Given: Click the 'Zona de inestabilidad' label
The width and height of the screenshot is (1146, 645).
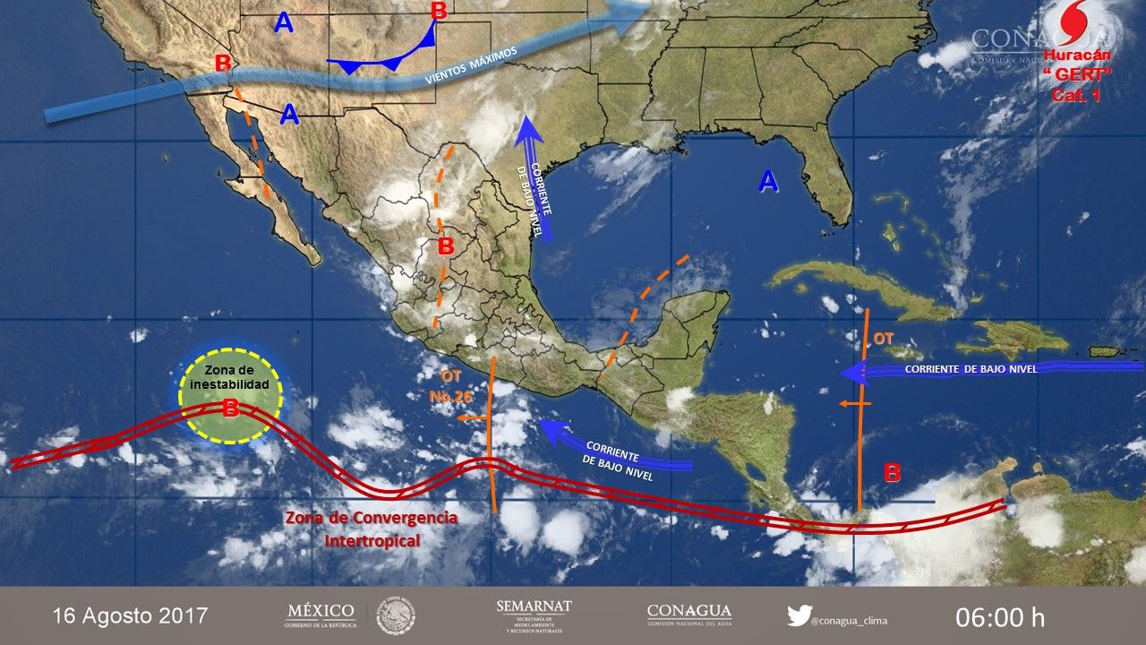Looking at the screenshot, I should pyautogui.click(x=230, y=378).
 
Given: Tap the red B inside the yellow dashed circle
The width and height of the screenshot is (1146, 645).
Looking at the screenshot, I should pyautogui.click(x=230, y=408).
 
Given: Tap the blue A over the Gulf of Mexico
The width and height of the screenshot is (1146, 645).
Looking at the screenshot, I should pyautogui.click(x=768, y=182).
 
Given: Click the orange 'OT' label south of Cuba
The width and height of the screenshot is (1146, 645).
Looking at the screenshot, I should pyautogui.click(x=884, y=339).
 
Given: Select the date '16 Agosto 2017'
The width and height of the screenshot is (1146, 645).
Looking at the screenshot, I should pyautogui.click(x=130, y=615).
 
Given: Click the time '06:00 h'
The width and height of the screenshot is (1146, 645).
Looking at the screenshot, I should pyautogui.click(x=1000, y=616).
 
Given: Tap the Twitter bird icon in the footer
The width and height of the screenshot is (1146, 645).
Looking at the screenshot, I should pyautogui.click(x=799, y=615).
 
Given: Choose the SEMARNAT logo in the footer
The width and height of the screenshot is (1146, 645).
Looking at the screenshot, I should pyautogui.click(x=534, y=615).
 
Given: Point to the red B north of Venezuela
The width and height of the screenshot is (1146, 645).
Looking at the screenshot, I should pyautogui.click(x=892, y=473).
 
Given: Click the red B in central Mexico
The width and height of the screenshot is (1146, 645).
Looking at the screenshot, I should pyautogui.click(x=446, y=245).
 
